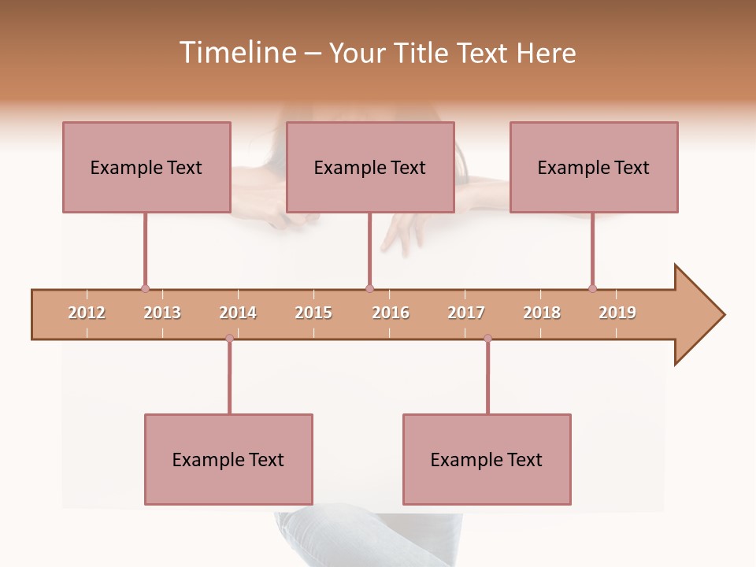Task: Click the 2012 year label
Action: (x=87, y=313)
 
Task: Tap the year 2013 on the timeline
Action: (x=162, y=313)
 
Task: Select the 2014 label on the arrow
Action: (x=238, y=313)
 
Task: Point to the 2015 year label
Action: (x=313, y=313)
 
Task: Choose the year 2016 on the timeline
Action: (x=391, y=313)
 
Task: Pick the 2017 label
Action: (x=466, y=313)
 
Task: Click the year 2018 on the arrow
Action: (x=542, y=313)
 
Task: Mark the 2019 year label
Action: (x=617, y=313)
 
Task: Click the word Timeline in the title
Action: (x=236, y=53)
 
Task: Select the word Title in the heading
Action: (x=422, y=53)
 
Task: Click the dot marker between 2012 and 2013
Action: (x=145, y=289)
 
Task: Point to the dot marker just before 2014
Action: (x=229, y=338)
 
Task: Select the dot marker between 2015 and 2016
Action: (x=369, y=289)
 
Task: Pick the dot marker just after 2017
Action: (x=487, y=338)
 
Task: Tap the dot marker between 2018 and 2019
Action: (x=592, y=289)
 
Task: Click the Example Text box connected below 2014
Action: (x=228, y=459)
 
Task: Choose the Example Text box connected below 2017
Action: (x=487, y=459)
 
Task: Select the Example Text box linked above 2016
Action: (x=370, y=167)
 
